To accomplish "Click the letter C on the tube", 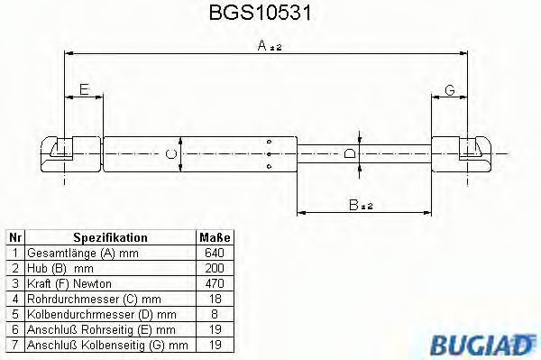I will (x=173, y=153).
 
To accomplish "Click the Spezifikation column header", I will (x=110, y=237).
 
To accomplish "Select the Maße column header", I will (x=215, y=237).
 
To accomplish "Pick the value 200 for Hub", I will (x=215, y=268).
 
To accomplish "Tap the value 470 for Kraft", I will (x=215, y=283).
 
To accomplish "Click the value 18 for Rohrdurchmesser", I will (x=215, y=299).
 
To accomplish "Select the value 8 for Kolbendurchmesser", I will (x=215, y=314).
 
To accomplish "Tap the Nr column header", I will (x=14, y=237).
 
